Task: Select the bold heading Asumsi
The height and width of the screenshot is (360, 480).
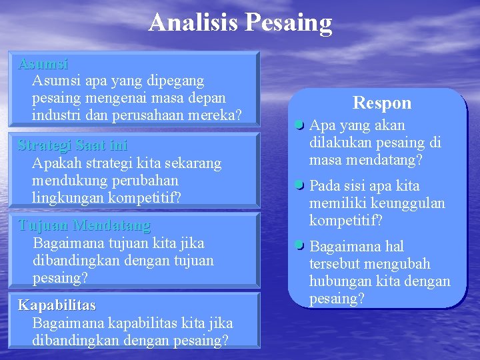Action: [43, 64]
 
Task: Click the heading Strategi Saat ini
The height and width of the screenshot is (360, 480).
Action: [73, 145]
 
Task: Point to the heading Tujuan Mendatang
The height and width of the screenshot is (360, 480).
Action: [84, 225]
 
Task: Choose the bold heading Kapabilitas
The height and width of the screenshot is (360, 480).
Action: [57, 305]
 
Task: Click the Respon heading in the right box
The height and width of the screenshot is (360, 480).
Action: [382, 103]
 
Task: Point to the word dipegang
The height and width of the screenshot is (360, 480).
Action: [174, 81]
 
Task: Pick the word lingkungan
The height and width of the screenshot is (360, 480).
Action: [65, 197]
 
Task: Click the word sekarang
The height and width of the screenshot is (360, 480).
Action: [193, 163]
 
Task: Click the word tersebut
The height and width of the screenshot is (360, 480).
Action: [333, 264]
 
